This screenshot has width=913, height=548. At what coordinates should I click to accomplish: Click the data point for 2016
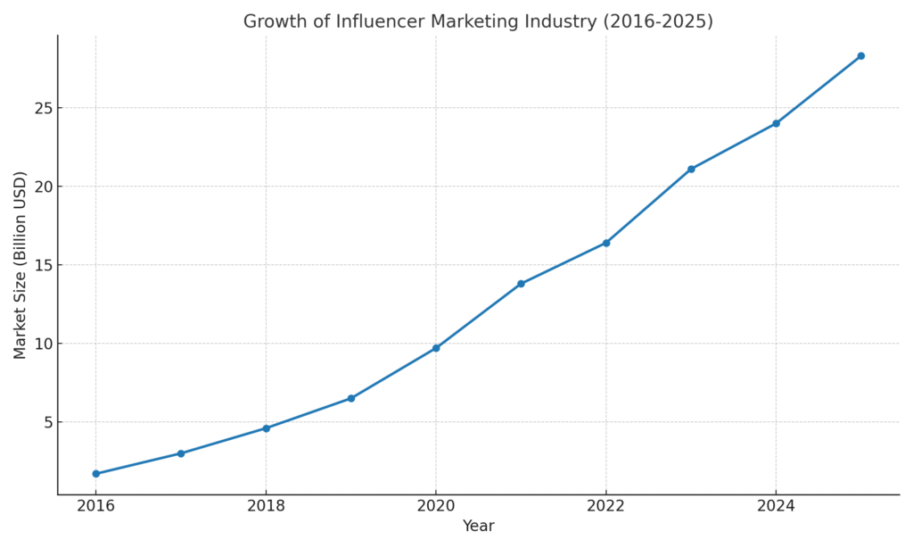(95, 474)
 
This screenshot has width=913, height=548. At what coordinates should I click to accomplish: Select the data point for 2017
(181, 453)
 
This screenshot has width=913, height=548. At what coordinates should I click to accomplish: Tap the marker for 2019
(350, 398)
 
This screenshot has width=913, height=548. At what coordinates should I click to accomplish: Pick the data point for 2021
(521, 284)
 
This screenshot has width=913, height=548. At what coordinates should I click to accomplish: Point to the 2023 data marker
(691, 169)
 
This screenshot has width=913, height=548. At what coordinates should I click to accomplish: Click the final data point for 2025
(860, 55)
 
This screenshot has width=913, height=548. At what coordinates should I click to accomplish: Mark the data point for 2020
(436, 348)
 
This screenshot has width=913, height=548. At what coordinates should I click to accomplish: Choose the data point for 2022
(606, 243)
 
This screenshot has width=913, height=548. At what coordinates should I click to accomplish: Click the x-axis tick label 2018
(266, 506)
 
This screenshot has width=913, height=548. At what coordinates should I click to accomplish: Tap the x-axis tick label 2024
(776, 506)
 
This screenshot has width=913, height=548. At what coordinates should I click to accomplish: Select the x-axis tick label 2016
(95, 506)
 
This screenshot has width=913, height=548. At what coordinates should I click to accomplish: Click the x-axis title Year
(478, 527)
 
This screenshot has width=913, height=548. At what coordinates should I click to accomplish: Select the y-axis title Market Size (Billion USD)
(21, 265)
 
